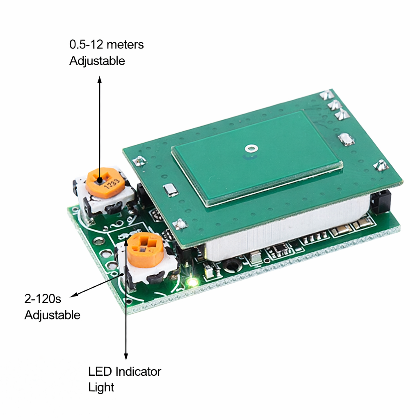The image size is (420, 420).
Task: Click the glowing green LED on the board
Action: (192, 282)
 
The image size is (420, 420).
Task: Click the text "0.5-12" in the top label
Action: (86, 44)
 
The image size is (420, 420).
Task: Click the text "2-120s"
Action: (43, 299)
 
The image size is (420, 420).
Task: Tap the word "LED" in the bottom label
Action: (100, 372)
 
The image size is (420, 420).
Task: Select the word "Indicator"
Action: (138, 372)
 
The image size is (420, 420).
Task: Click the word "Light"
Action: (101, 388)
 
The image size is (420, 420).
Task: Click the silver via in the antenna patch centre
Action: (251, 148)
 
